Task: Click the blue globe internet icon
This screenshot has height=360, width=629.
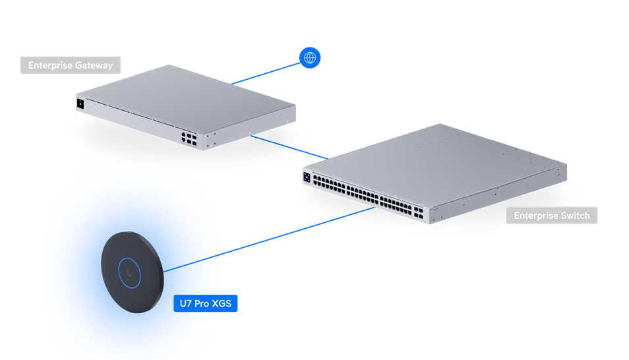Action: (309, 58)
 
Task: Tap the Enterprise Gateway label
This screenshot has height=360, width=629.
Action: (71, 65)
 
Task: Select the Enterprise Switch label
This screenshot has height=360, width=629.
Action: (551, 216)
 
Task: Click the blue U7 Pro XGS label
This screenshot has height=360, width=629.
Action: (205, 304)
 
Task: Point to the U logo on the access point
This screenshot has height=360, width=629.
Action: (129, 272)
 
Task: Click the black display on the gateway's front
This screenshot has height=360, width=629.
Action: (80, 104)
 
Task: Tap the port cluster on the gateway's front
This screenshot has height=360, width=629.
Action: (189, 137)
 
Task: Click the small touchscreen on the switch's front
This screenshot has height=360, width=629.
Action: (307, 177)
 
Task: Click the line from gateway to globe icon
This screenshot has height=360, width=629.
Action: (264, 73)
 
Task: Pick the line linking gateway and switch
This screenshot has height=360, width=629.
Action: (290, 148)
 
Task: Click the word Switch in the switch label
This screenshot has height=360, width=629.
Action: (574, 216)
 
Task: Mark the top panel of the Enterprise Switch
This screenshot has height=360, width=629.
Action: (435, 162)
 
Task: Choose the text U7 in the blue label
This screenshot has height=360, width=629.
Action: (185, 304)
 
